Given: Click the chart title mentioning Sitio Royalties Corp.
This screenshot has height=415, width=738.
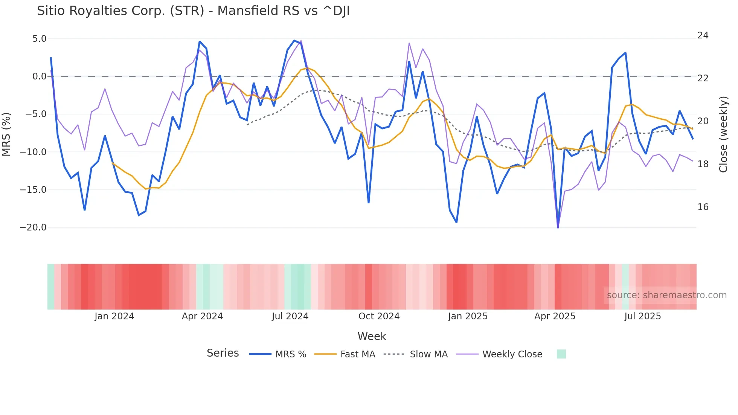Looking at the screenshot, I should click(193, 11).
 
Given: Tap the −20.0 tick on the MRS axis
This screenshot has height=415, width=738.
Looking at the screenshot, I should click(33, 227).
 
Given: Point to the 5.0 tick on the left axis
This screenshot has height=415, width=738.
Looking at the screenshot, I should click(39, 39).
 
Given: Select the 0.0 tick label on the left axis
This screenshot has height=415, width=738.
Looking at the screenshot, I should click(39, 76).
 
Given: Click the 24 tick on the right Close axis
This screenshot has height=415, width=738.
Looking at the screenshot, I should click(703, 35).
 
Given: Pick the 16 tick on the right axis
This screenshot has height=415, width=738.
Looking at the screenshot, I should click(703, 207).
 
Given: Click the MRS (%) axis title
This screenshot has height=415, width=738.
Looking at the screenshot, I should click(6, 134).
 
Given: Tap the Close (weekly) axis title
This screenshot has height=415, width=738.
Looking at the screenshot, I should click(723, 134).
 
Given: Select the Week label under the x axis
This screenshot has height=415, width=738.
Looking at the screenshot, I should click(372, 336).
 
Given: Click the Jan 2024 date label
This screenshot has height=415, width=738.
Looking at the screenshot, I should click(114, 316).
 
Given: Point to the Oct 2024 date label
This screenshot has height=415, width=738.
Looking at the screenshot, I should click(379, 316).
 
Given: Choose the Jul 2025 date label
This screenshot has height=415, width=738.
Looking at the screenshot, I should click(642, 316).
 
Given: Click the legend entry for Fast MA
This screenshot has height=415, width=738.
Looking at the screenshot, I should click(357, 354).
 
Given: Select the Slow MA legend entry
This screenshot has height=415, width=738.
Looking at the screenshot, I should click(428, 354).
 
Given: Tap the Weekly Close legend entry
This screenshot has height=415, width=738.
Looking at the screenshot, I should click(512, 354).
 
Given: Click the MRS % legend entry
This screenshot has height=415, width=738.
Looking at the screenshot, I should click(290, 354).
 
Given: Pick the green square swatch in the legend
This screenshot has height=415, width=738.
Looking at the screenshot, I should click(561, 354).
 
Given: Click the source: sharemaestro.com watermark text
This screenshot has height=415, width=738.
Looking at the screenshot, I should click(666, 295).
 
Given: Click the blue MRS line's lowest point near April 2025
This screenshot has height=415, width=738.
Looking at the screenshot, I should click(558, 227).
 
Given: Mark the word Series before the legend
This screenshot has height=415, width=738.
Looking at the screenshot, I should click(223, 353).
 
